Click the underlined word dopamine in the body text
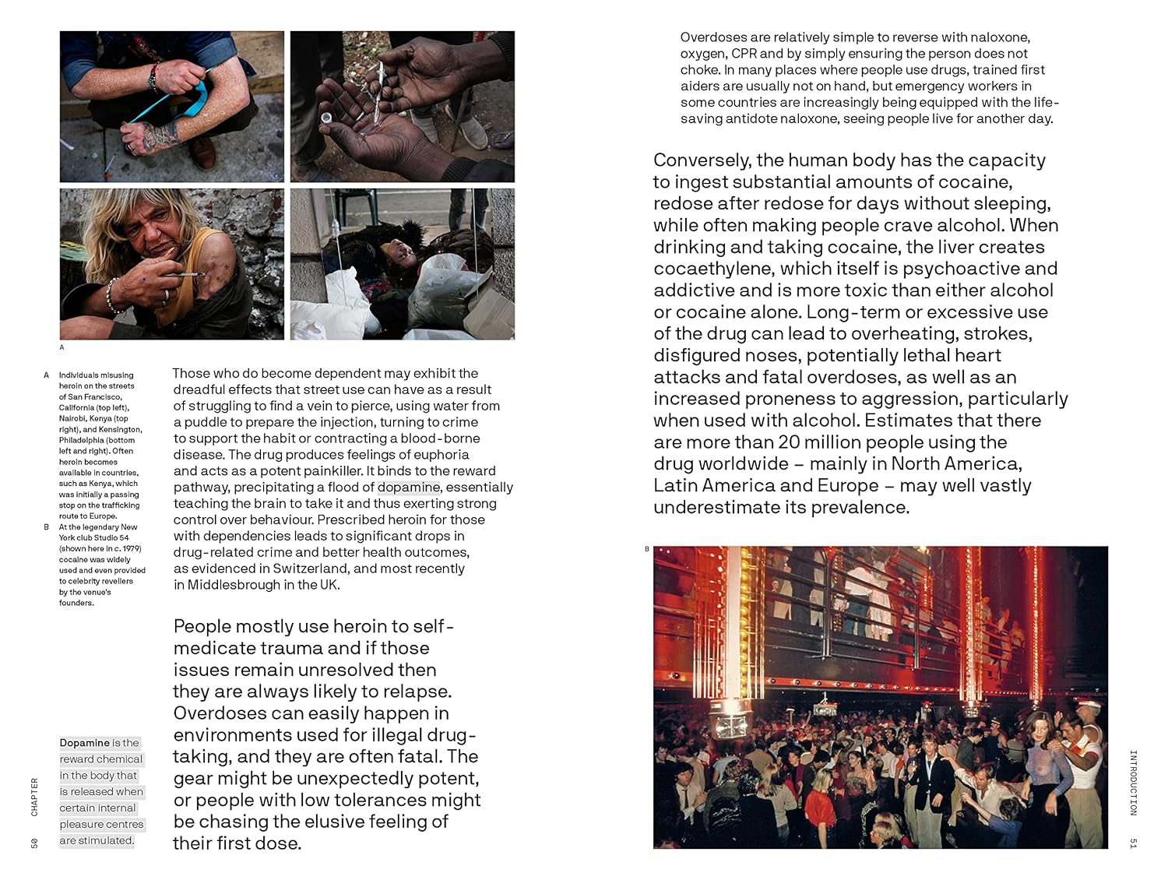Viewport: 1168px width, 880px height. [x=409, y=488]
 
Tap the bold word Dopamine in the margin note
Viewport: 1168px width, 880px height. [x=85, y=743]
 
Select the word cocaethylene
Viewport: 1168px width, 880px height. [x=714, y=269]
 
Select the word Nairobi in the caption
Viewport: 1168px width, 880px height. [x=74, y=418]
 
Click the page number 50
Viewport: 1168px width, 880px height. [x=34, y=843]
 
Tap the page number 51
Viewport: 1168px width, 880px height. [x=1134, y=843]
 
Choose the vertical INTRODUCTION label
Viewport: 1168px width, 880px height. [x=1134, y=783]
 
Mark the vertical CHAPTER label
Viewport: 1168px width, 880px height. [x=34, y=797]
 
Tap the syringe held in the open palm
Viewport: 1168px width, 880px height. [x=381, y=85]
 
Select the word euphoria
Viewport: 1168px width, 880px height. [x=442, y=455]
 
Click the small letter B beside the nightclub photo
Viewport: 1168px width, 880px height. [x=646, y=549]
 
